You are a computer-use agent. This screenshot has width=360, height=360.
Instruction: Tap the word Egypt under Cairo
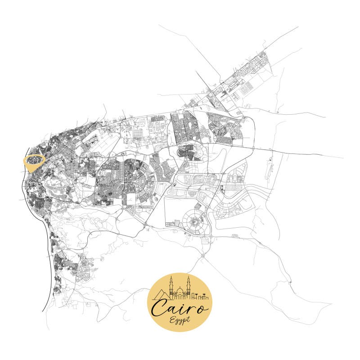coord(180,320)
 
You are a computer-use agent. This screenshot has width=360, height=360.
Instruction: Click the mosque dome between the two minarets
coord(180,291)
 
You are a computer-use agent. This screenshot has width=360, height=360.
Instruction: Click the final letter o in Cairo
coord(203,308)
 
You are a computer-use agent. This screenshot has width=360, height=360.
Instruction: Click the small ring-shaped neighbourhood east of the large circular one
coord(225,209)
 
